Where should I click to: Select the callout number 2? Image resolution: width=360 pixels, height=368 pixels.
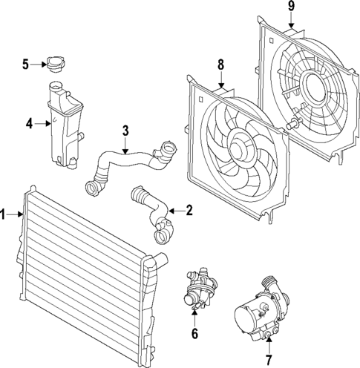(189, 211)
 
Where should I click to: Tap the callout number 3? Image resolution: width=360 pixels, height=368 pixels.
(125, 131)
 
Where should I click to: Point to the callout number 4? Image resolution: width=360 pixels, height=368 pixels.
(29, 124)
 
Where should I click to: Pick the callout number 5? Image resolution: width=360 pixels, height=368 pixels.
(25, 65)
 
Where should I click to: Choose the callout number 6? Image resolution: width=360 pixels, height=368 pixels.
(194, 333)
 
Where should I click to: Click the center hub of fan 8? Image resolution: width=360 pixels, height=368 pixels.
(243, 144)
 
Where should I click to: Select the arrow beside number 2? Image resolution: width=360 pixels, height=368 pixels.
(176, 211)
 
